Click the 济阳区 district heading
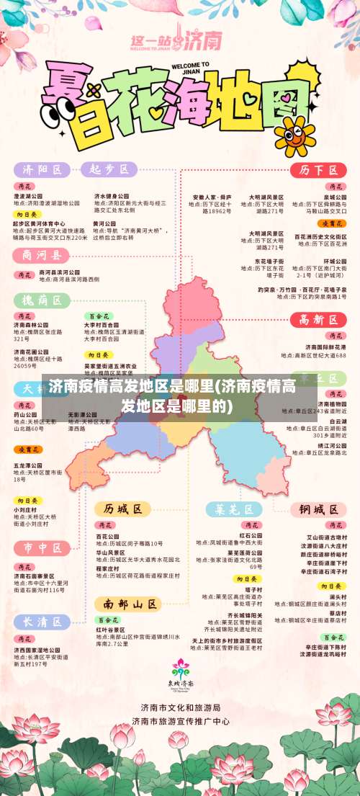point(42,170)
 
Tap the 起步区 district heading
point(108,169)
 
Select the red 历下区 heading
point(314,170)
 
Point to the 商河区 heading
point(41,255)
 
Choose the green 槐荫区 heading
point(41,300)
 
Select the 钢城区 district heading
point(314,509)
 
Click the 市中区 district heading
point(42,548)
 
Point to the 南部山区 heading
point(129,602)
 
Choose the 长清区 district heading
point(42,622)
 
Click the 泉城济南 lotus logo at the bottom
point(180,673)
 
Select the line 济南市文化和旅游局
point(181,708)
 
